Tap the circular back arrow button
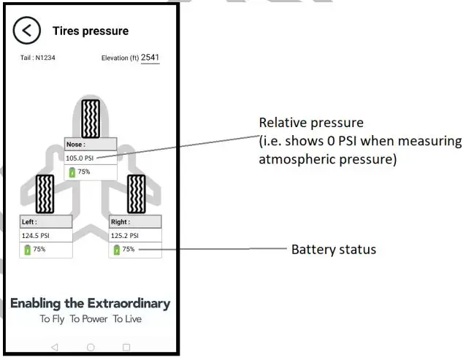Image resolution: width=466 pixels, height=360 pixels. [27, 31]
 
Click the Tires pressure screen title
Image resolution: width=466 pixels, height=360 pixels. [90, 31]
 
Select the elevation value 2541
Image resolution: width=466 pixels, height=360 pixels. [150, 57]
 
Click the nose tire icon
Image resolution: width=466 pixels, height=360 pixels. [91, 117]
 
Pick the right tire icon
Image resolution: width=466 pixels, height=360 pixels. [136, 193]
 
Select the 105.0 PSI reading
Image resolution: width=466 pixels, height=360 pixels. [81, 157]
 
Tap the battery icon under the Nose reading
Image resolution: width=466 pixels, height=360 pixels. [72, 172]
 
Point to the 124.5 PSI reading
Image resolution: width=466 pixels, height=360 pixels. [36, 236]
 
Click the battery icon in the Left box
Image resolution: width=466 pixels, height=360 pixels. [27, 250]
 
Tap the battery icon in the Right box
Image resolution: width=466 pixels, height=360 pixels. [116, 250]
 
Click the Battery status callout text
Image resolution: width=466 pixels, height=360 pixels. [334, 250]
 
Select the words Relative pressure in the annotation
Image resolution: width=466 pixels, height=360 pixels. [312, 123]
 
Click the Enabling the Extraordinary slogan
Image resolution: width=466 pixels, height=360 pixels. [90, 303]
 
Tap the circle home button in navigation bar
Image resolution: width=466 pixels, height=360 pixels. [91, 347]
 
